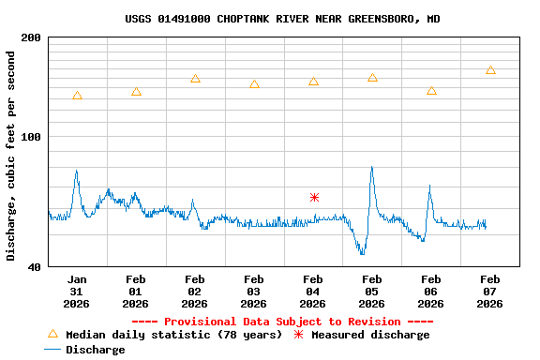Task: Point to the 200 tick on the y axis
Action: click(31, 37)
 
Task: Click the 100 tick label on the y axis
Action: click(31, 138)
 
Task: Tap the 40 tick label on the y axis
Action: click(35, 267)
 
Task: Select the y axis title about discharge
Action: click(11, 156)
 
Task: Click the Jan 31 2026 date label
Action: click(77, 291)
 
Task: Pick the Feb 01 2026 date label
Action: click(136, 291)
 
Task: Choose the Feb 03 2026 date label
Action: click(254, 291)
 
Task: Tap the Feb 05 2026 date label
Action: click(372, 291)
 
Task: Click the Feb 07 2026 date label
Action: click(490, 291)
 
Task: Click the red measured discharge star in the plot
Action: click(314, 197)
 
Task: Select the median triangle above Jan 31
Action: click(77, 96)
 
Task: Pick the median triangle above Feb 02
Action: click(195, 79)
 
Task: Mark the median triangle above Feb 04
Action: click(313, 82)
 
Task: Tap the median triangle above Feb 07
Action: click(490, 70)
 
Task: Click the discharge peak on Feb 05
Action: click(372, 168)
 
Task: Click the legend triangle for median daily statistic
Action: click(52, 334)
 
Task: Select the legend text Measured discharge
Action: click(370, 335)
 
